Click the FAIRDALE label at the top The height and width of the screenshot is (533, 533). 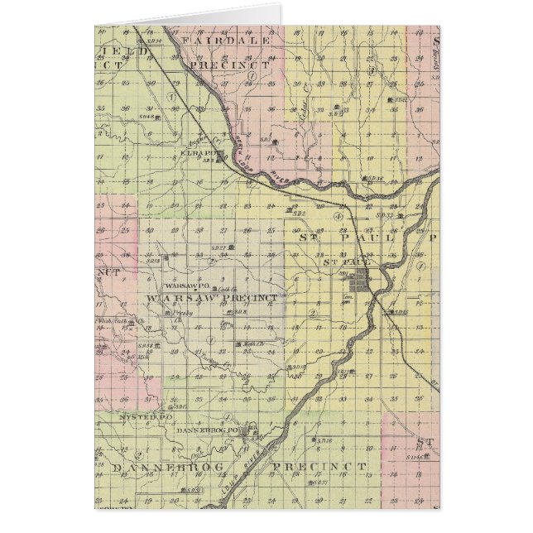[214, 40]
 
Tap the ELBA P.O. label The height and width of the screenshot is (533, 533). [207, 151]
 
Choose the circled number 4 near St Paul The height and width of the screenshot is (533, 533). [339, 215]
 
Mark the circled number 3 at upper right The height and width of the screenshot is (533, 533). [373, 71]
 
